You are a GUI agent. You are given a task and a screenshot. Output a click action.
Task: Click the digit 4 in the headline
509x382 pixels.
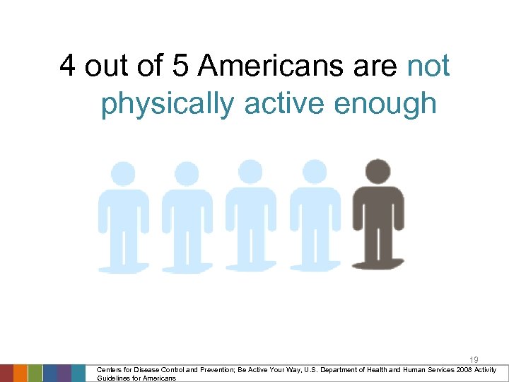pos(69,66)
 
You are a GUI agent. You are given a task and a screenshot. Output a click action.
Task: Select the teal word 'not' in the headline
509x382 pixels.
pos(429,66)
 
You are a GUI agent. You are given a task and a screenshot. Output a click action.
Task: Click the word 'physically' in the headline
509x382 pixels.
pos(168,103)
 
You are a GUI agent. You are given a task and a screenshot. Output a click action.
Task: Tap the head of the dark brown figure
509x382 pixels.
pos(378,172)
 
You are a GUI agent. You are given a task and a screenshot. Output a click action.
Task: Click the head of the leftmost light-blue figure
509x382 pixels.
pos(124,174)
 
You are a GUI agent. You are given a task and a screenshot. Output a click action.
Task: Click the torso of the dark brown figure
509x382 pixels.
pos(378,212)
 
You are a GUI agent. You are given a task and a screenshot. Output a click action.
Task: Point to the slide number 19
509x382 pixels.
pos(474,360)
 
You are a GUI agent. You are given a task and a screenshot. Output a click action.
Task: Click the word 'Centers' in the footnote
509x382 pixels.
pos(110,370)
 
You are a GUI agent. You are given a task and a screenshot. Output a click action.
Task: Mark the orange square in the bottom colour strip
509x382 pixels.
pos(21,373)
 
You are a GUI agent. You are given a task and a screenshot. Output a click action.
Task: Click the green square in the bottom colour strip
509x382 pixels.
pos(35,373)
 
